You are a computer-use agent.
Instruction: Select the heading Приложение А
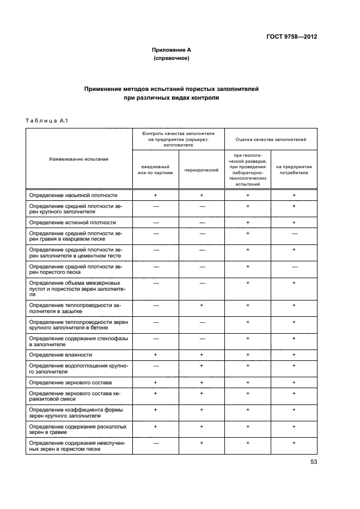[171, 50]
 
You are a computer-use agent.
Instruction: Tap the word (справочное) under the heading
[171, 58]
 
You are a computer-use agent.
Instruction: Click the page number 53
[313, 462]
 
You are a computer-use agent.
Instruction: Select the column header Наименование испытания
[79, 159]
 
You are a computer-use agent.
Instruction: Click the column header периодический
[202, 170]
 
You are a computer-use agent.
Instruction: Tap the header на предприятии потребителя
[294, 170]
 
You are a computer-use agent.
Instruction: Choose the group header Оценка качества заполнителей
[271, 139]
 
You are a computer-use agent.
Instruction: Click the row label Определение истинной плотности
[72, 223]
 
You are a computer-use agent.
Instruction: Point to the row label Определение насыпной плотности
[73, 195]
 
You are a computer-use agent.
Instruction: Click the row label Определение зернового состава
[72, 383]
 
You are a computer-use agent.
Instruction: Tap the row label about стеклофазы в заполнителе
[79, 341]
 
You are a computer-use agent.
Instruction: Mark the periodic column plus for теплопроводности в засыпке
[202, 306]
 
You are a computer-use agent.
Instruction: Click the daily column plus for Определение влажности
[155, 354]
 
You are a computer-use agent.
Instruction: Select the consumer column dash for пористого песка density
[294, 267]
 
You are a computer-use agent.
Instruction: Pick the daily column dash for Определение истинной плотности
[155, 223]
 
